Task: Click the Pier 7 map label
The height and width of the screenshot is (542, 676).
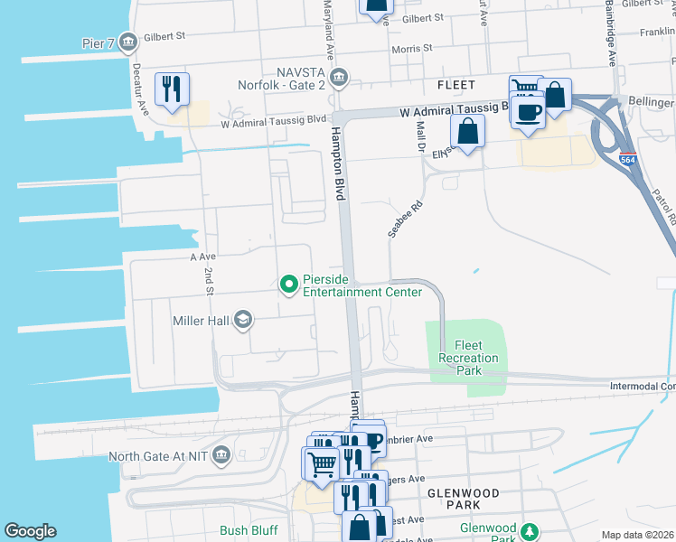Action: [99, 42]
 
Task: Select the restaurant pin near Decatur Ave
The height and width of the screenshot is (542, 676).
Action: [172, 89]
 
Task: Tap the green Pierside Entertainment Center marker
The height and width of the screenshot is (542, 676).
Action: [289, 285]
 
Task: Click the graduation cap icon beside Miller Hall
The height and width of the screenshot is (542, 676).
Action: [242, 320]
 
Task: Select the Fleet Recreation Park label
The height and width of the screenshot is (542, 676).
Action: [468, 352]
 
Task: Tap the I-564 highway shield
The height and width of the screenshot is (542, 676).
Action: [627, 160]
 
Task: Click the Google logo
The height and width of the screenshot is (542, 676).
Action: [30, 531]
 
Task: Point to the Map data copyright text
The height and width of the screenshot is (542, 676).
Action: [638, 535]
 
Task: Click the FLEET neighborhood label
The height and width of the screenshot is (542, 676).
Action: [456, 85]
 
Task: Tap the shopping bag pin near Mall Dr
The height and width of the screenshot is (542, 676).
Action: [469, 133]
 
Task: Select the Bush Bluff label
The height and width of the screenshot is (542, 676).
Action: [249, 530]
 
